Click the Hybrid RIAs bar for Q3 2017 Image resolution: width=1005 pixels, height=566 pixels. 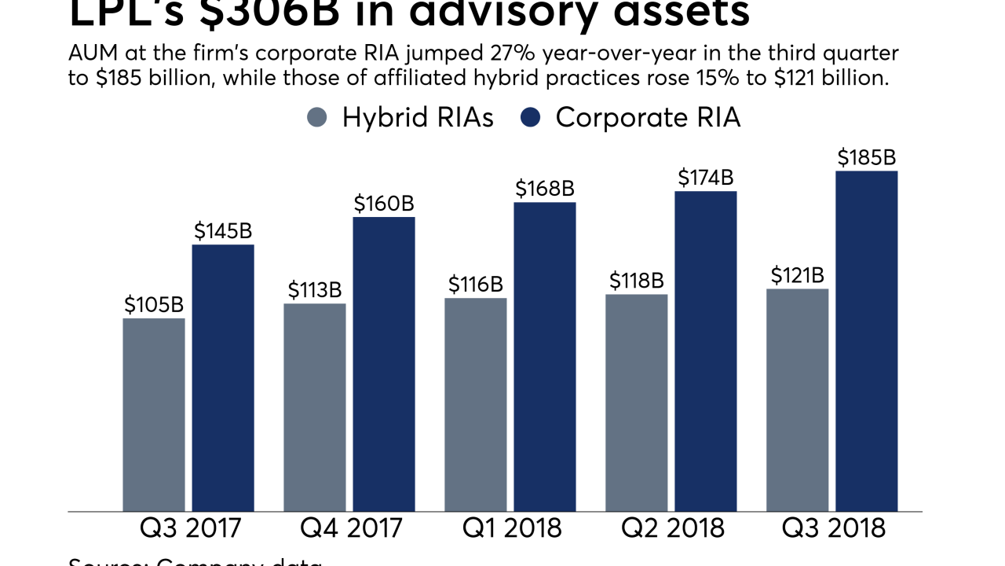click(154, 414)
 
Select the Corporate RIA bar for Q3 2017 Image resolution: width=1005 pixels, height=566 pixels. click(223, 377)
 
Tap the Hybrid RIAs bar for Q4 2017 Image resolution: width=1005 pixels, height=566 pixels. click(314, 407)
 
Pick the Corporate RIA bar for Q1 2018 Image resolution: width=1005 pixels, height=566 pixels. click(545, 357)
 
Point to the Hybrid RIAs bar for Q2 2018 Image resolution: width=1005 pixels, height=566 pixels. click(636, 402)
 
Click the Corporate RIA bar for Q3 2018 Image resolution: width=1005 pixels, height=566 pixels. click(866, 341)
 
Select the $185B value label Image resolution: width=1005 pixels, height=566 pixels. click(866, 158)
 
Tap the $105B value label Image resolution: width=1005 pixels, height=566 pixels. click(154, 305)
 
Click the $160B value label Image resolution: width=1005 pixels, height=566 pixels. click(383, 204)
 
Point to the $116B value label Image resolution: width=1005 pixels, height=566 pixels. click(476, 285)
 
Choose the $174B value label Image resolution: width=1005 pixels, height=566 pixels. click(705, 178)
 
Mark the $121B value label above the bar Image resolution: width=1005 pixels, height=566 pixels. click(797, 275)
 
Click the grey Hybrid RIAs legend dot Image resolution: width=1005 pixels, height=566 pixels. click(316, 118)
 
